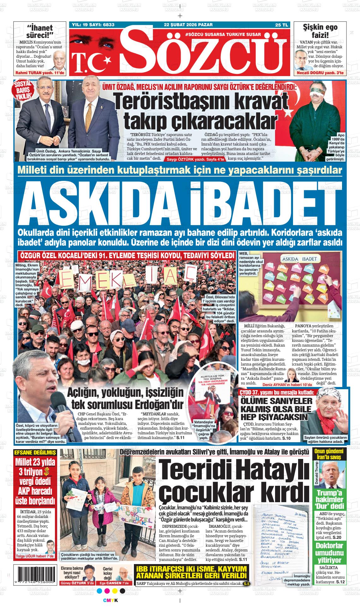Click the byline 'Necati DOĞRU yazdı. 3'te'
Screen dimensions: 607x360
[320, 73]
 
